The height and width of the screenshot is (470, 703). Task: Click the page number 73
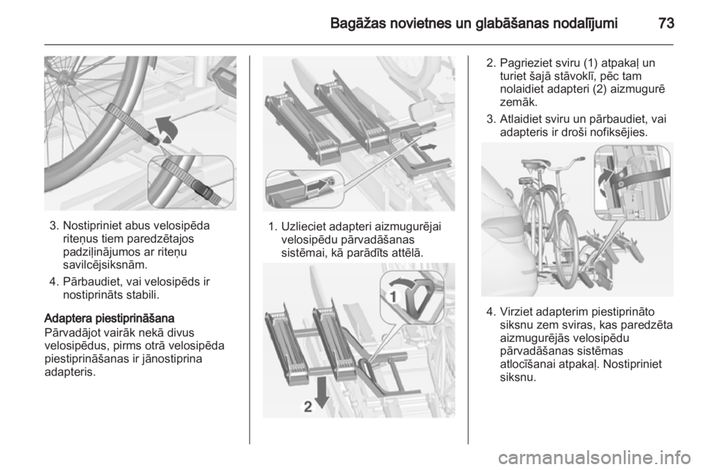666,23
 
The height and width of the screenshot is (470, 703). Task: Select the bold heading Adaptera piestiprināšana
109,318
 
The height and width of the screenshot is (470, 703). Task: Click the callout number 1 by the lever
393,296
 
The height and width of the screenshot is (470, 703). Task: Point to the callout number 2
308,407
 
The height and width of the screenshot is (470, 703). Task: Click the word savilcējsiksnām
105,264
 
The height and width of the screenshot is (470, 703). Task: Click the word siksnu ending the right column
518,377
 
